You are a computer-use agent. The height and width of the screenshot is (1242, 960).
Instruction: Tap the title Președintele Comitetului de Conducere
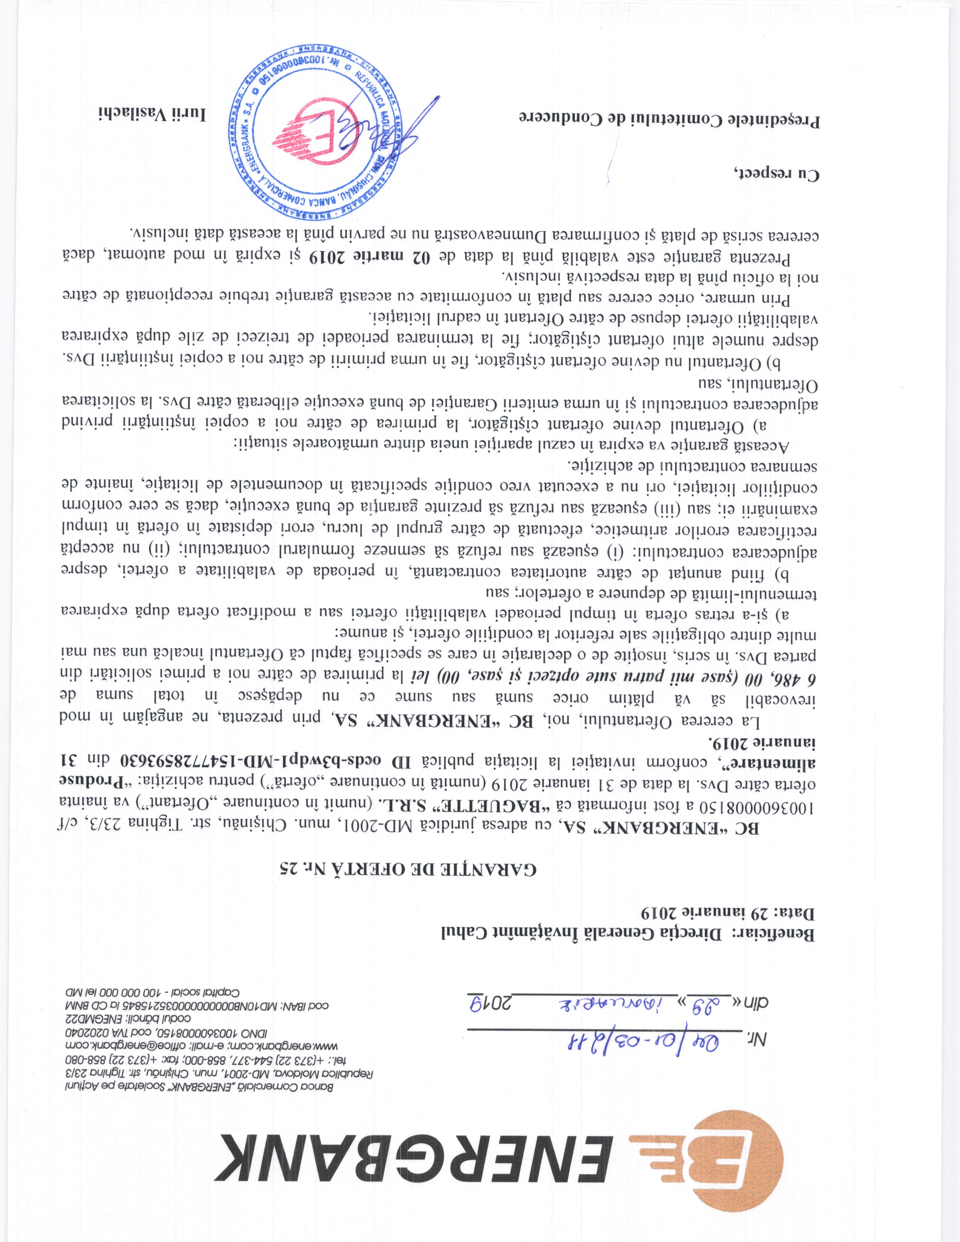668,119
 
